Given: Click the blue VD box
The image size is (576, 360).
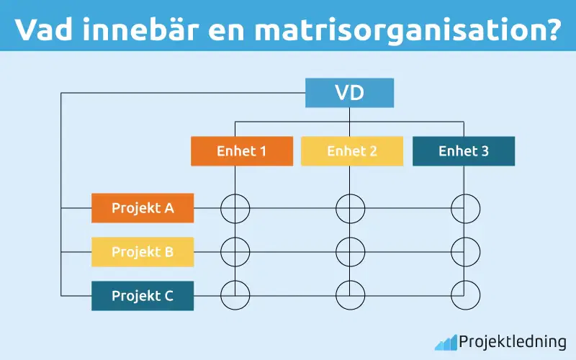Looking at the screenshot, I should click(349, 93).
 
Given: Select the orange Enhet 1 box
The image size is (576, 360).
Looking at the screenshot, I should click(242, 151).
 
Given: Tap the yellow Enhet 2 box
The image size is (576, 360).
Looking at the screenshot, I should click(352, 151).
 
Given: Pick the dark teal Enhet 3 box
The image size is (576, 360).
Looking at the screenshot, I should click(464, 151).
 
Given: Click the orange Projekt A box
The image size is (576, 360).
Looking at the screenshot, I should click(143, 208).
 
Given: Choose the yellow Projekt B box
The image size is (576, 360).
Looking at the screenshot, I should click(143, 252).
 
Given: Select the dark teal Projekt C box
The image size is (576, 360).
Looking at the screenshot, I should click(143, 295).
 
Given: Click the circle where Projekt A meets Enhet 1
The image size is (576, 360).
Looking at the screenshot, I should click(235, 208).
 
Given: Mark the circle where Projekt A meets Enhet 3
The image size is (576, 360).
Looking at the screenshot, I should click(465, 208).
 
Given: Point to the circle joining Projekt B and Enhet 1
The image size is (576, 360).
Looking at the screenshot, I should click(235, 252).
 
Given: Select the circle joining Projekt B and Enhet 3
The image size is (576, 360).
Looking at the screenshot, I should click(465, 252).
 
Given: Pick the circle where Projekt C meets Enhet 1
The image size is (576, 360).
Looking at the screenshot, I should click(235, 295).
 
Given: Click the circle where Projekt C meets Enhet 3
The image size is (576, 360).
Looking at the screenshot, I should click(465, 295).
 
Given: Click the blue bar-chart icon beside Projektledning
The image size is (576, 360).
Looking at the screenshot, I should click(446, 342).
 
